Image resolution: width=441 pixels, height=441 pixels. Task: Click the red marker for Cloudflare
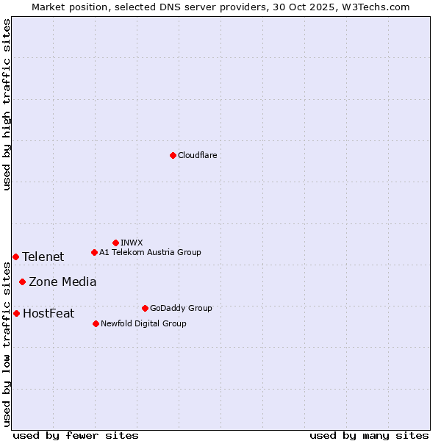click(x=173, y=155)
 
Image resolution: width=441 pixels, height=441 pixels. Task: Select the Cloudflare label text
click(x=198, y=155)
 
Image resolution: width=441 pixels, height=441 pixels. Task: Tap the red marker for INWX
click(x=115, y=243)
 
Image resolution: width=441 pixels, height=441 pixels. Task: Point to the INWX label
click(x=132, y=243)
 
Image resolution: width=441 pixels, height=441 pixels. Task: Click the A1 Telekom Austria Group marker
click(x=94, y=252)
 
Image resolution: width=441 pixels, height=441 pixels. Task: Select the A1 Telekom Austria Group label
click(x=150, y=252)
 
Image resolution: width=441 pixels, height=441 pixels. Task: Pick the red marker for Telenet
click(x=15, y=257)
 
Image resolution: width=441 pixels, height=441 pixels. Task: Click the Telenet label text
click(x=43, y=257)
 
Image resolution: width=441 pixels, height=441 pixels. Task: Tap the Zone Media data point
click(x=22, y=282)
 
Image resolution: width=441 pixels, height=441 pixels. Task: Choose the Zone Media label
click(x=62, y=282)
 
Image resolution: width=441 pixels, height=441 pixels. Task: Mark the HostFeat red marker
click(x=16, y=313)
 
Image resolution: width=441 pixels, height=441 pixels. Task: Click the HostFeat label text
click(x=49, y=313)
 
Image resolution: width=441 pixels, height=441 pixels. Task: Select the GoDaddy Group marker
click(x=145, y=308)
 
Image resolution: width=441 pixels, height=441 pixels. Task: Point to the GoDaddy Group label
click(x=181, y=308)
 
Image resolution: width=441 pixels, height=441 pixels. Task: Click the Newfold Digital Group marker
click(x=96, y=323)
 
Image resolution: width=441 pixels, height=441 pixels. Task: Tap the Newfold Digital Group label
click(x=143, y=323)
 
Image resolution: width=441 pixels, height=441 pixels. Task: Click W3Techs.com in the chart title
click(x=379, y=7)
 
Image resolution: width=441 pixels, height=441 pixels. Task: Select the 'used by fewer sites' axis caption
click(x=76, y=435)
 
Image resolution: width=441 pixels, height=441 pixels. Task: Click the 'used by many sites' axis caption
click(x=369, y=435)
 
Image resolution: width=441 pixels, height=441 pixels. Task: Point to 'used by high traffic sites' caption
click(x=7, y=104)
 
